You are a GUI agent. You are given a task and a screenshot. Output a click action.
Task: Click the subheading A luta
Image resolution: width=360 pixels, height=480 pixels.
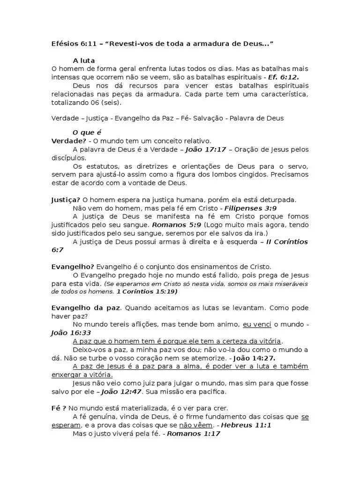tap(84, 60)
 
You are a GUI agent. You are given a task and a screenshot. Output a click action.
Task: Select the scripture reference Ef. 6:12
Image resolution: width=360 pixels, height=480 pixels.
tap(283, 77)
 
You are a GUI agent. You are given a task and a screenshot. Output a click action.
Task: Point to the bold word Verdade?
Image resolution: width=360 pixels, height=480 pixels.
tap(68, 141)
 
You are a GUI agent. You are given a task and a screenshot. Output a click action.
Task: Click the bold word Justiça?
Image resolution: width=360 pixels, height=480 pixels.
tap(66, 200)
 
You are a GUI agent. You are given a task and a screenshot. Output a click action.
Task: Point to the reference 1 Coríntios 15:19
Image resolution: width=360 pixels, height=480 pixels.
tap(147, 291)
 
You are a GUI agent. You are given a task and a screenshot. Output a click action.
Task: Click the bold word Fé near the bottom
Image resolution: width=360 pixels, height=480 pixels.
tap(56, 408)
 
